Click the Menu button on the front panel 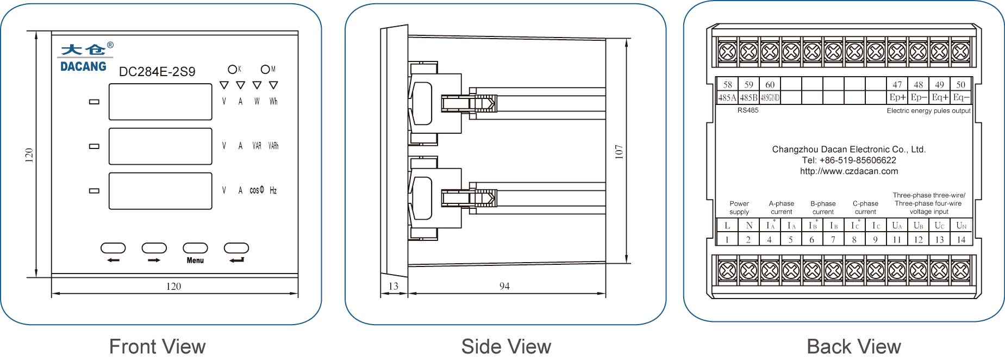[195, 248]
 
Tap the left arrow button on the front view [113, 248]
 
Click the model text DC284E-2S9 [157, 72]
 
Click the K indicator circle [232, 69]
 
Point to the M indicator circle [265, 69]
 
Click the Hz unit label [273, 190]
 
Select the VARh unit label [273, 146]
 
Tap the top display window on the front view [160, 102]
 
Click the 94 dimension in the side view [504, 286]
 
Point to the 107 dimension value [619, 152]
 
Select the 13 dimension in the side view [394, 286]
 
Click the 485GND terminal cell [770, 98]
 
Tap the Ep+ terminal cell [897, 98]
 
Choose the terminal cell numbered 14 [961, 239]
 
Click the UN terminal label [961, 225]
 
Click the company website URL [849, 171]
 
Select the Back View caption [853, 346]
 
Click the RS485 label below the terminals [748, 110]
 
